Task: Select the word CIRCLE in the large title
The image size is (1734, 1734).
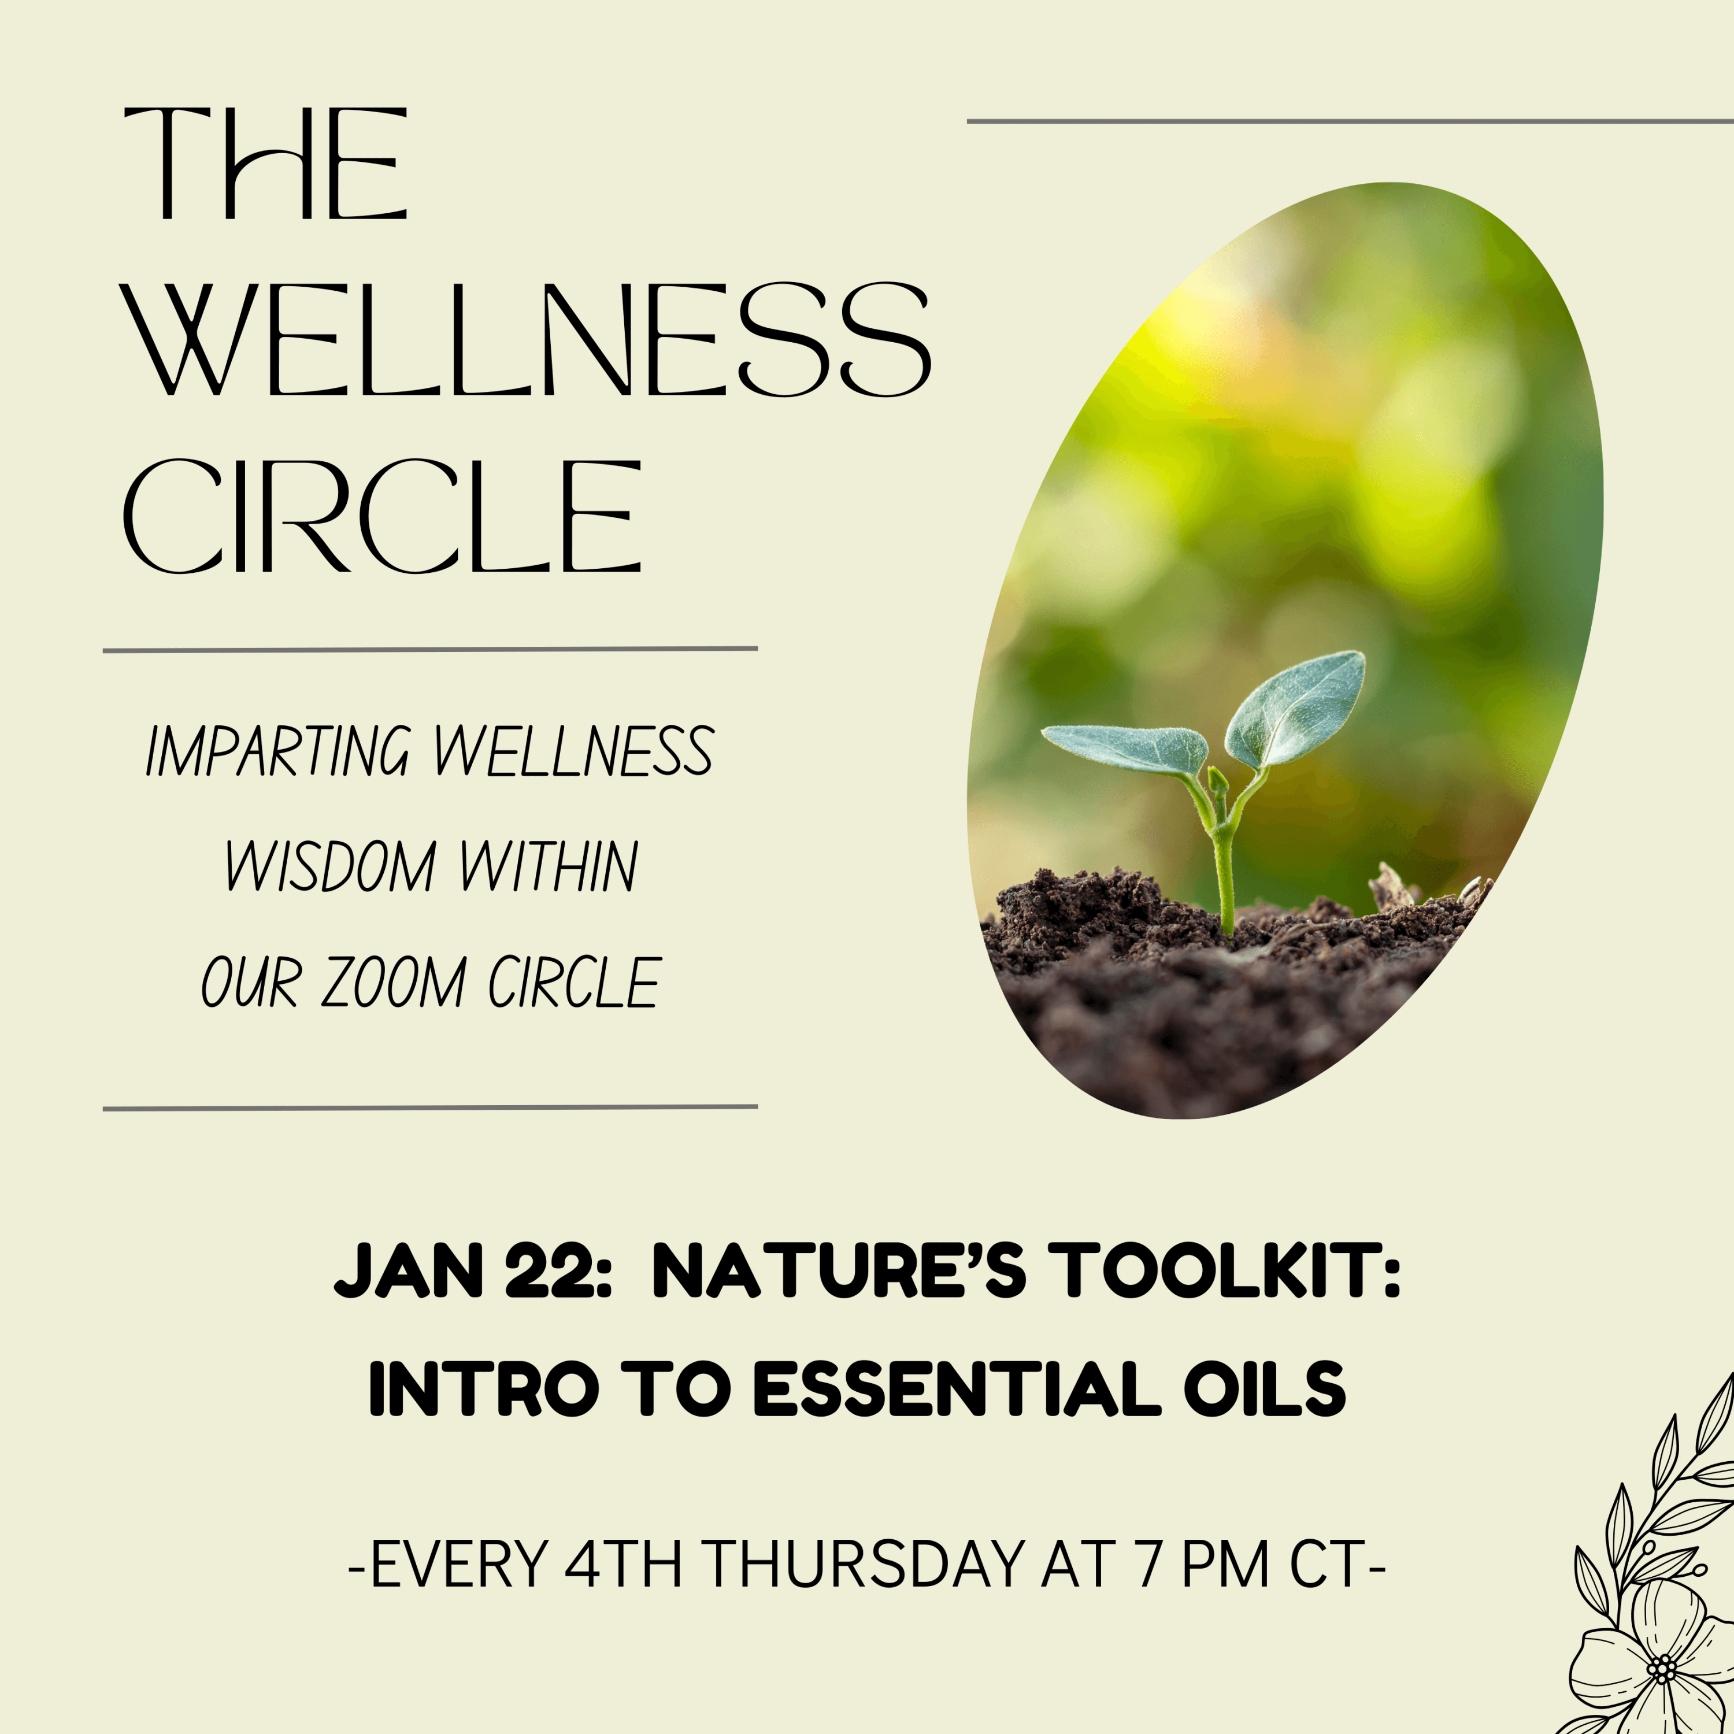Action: pyautogui.click(x=382, y=516)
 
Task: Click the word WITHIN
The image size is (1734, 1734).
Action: pyautogui.click(x=549, y=866)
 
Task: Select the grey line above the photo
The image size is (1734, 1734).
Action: pyautogui.click(x=1350, y=120)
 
